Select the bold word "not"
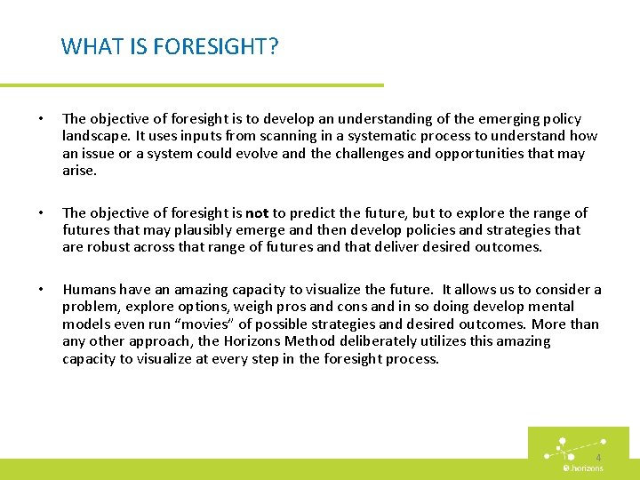tap(257, 213)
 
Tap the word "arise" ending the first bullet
tap(77, 171)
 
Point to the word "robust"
tap(111, 247)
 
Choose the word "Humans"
tap(88, 290)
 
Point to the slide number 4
tap(598, 457)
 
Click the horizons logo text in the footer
tap(586, 468)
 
